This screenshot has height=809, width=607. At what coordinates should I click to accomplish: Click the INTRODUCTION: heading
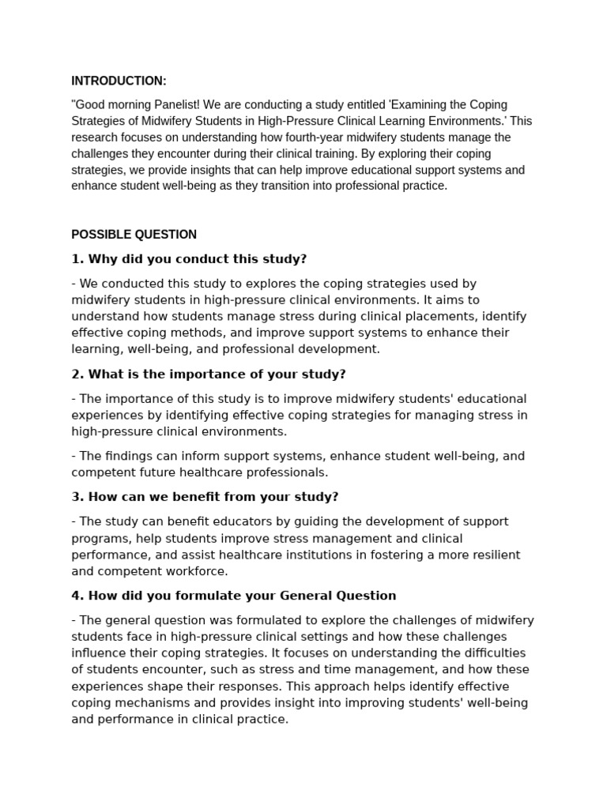point(119,81)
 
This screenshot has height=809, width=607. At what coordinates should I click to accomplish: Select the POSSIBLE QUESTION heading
point(134,235)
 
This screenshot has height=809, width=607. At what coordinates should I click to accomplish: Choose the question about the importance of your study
point(209,374)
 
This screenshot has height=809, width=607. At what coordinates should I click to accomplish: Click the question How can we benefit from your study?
point(204,497)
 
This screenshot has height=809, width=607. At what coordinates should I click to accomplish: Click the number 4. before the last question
point(77,596)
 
